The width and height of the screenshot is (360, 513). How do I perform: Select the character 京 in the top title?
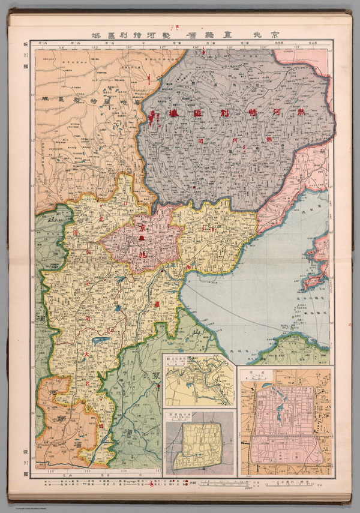coord(277,35)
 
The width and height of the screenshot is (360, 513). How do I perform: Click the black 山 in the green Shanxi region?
coord(43,223)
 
